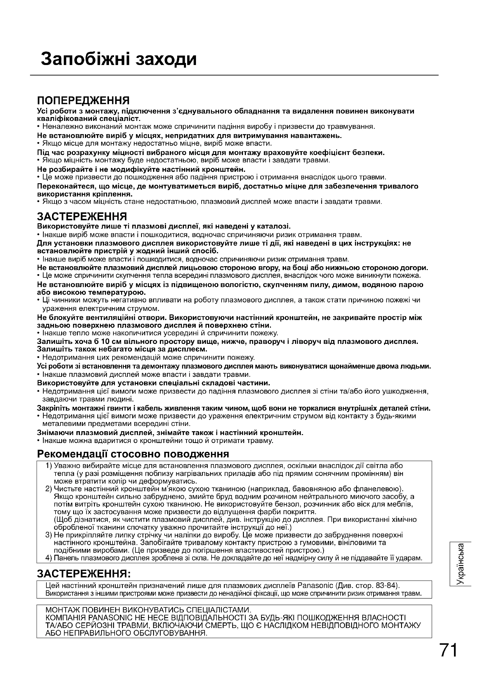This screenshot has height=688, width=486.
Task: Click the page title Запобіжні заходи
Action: (x=119, y=59)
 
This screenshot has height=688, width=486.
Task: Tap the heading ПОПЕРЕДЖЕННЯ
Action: (x=83, y=100)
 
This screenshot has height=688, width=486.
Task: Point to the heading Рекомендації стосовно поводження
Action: (x=133, y=454)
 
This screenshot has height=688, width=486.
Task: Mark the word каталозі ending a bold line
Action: (x=274, y=226)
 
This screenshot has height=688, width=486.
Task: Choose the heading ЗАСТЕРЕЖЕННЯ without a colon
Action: (x=82, y=216)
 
